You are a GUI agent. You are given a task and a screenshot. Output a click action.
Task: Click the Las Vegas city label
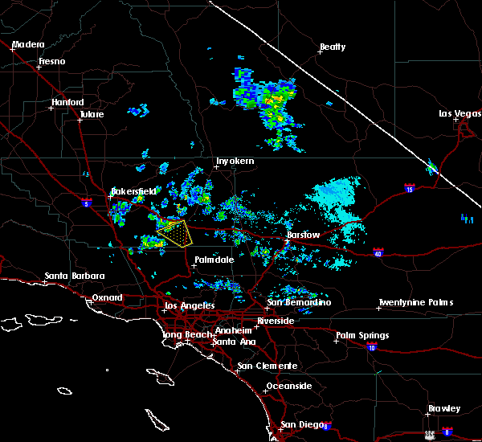point(459,113)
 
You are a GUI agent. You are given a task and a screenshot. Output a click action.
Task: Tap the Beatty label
point(332,47)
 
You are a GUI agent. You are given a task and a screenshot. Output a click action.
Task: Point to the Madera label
point(29,44)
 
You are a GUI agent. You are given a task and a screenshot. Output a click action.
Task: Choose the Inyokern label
point(235,162)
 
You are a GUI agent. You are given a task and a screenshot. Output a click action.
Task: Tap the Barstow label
point(304,235)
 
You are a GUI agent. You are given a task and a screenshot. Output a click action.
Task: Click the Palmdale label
point(214,260)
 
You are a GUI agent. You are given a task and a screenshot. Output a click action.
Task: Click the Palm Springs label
point(362,335)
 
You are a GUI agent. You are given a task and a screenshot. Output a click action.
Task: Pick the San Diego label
point(298,424)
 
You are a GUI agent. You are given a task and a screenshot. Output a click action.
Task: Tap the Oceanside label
point(289,386)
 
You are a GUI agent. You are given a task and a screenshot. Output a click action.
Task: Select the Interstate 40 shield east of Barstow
point(378,253)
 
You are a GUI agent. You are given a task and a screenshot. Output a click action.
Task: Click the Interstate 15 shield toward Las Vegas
point(410,190)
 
